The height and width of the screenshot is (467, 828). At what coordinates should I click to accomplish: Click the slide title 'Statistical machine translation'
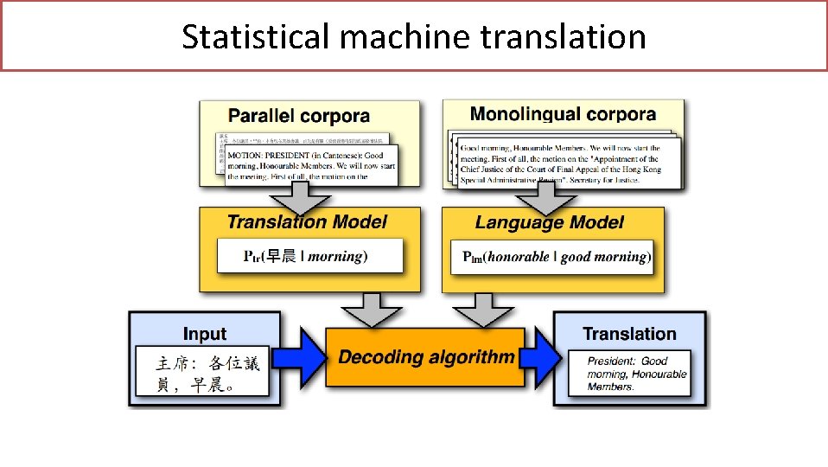point(413,36)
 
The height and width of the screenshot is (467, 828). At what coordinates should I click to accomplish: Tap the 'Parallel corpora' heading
point(298,116)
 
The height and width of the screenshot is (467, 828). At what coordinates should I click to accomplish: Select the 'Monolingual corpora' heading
point(562,114)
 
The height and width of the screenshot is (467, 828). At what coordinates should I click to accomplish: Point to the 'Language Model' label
point(549,222)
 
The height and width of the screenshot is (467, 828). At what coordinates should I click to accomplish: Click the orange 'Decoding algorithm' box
point(425,356)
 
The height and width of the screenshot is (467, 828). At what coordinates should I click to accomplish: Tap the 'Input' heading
point(205,334)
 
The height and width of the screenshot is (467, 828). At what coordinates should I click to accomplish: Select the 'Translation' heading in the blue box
point(628,334)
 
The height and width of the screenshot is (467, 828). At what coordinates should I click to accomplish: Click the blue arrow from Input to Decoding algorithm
point(303,357)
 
